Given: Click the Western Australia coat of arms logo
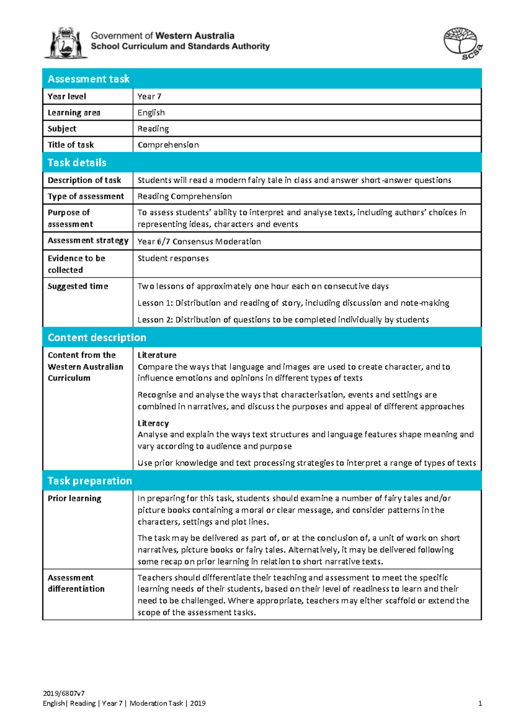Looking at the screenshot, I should tap(65, 43).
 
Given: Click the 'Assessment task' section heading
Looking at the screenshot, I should tap(89, 79).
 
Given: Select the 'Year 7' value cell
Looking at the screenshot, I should tap(150, 97).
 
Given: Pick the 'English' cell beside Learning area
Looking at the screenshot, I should tap(151, 113).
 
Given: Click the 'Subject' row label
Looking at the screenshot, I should tap(62, 129).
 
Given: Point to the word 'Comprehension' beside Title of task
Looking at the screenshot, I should tap(168, 145).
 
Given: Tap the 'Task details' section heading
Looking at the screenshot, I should tap(77, 163).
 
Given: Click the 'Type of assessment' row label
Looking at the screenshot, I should tap(86, 196).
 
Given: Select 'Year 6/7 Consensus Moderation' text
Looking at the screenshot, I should tap(199, 242).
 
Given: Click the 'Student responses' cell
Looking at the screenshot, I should tap(173, 258).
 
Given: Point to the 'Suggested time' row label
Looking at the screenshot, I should tap(78, 286).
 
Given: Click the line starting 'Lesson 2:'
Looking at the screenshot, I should tap(283, 320).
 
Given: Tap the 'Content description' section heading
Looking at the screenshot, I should tap(97, 338).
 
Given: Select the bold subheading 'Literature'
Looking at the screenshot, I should tap(157, 355).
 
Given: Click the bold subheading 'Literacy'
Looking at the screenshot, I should tap(153, 423).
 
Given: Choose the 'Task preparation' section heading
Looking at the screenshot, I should tap(90, 481).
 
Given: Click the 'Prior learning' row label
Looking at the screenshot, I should tap(74, 498).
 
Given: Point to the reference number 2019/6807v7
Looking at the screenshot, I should tap(64, 693).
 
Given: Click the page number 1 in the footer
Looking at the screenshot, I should tap(480, 704).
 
